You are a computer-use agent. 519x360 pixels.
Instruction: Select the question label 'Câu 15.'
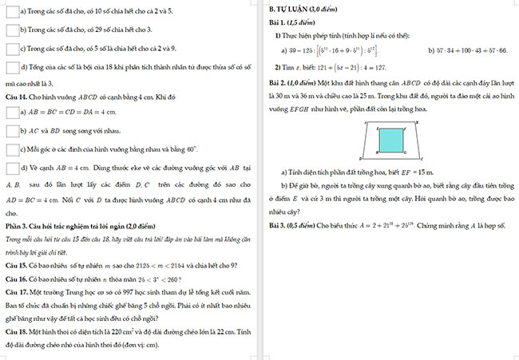pos(18,264)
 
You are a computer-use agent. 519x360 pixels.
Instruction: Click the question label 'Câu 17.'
pos(18,294)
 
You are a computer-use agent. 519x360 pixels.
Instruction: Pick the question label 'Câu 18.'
pos(18,331)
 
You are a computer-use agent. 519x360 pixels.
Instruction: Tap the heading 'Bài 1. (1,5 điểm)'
pos(293,22)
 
